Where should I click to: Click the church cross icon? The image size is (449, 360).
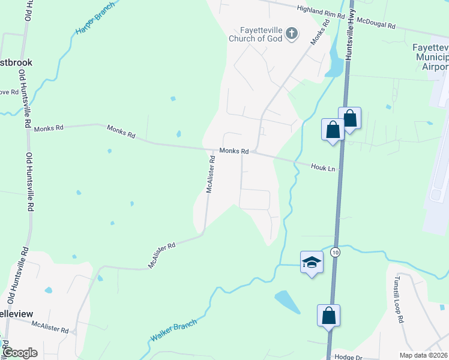[291, 33]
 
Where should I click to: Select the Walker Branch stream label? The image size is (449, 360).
[173, 331]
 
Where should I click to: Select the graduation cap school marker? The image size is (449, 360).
[312, 262]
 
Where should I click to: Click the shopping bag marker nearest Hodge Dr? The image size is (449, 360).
[329, 316]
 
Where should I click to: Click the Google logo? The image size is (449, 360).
[20, 353]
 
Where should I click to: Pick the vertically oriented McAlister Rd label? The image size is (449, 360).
[210, 175]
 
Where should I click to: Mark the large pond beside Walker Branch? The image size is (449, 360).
[287, 301]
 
